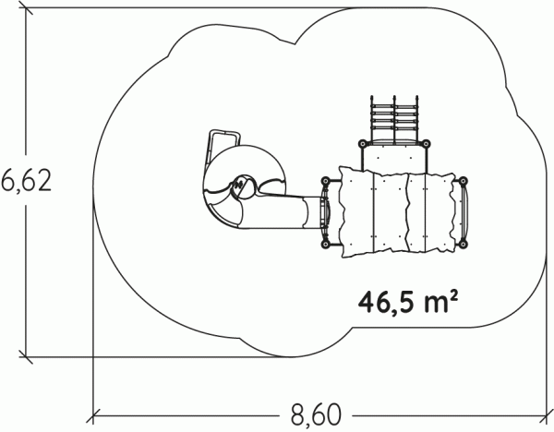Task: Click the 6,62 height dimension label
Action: pyautogui.click(x=26, y=181)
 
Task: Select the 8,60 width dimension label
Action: pyautogui.click(x=317, y=415)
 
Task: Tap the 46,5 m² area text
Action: pyautogui.click(x=409, y=302)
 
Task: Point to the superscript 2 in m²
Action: pyautogui.click(x=453, y=295)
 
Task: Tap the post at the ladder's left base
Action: pyautogui.click(x=363, y=143)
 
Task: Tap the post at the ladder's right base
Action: pyautogui.click(x=426, y=143)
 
